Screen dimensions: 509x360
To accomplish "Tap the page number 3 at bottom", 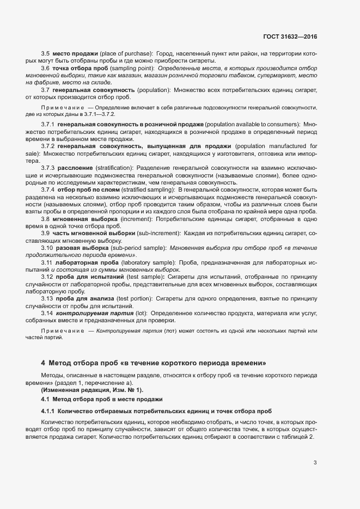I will tap(315, 463).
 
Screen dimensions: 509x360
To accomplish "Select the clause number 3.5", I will tap(46, 53).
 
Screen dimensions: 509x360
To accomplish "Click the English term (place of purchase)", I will tap(126, 53).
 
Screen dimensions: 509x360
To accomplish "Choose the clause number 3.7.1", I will tap(48, 125).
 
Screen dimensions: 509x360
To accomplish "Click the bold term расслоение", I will tap(76, 168).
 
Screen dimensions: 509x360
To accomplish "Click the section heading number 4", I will tap(43, 363).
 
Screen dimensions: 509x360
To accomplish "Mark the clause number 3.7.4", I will tap(48, 189).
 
